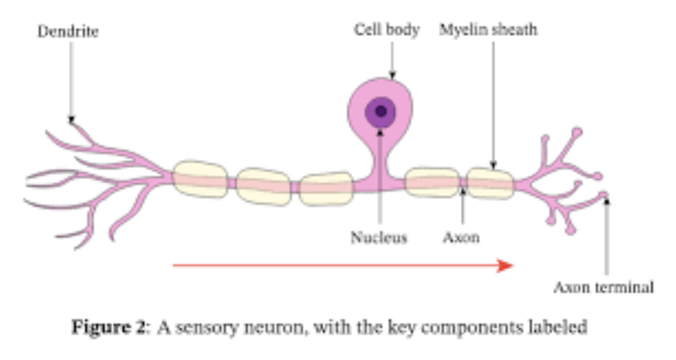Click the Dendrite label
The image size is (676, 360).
68,31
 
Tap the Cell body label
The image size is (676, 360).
386,30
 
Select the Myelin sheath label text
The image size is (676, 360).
488,30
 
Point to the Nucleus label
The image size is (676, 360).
379,237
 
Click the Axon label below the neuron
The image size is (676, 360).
461,237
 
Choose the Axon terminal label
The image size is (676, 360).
604,288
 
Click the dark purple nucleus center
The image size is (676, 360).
381,111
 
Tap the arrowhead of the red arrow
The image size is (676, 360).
506,265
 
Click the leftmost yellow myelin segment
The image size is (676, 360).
199,179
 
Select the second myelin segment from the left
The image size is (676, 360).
263,186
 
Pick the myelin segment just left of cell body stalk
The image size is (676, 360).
326,188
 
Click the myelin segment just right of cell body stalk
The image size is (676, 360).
432,182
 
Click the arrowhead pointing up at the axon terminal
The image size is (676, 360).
607,201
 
